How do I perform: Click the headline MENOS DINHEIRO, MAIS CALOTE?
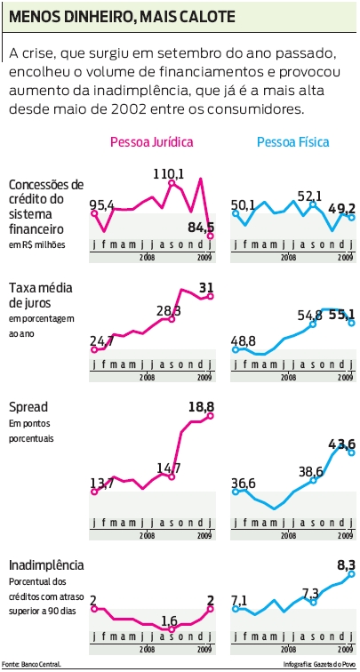[x=123, y=17]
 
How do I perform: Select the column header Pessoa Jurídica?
[x=151, y=141]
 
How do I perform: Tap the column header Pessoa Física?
[x=292, y=141]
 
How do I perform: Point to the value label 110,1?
[x=169, y=174]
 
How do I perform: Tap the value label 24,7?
[x=103, y=340]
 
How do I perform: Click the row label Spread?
[x=28, y=406]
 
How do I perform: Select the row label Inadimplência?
[x=46, y=565]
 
